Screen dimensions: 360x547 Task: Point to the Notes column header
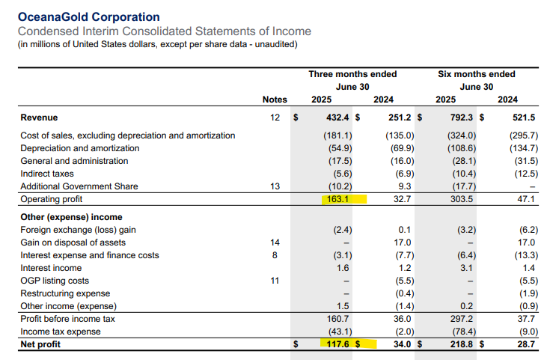(x=275, y=100)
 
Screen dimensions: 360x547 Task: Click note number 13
(x=275, y=186)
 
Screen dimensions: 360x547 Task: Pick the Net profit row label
(x=40, y=344)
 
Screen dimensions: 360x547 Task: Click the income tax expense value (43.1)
(x=340, y=332)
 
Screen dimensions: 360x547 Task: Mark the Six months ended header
(x=476, y=74)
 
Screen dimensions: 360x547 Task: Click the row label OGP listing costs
(x=55, y=281)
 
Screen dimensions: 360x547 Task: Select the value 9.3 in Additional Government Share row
(x=404, y=186)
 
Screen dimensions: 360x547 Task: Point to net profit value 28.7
(x=527, y=344)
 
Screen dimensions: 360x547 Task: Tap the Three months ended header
(x=352, y=74)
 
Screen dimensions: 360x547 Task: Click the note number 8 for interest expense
(x=275, y=255)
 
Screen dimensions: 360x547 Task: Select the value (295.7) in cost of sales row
(x=523, y=135)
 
